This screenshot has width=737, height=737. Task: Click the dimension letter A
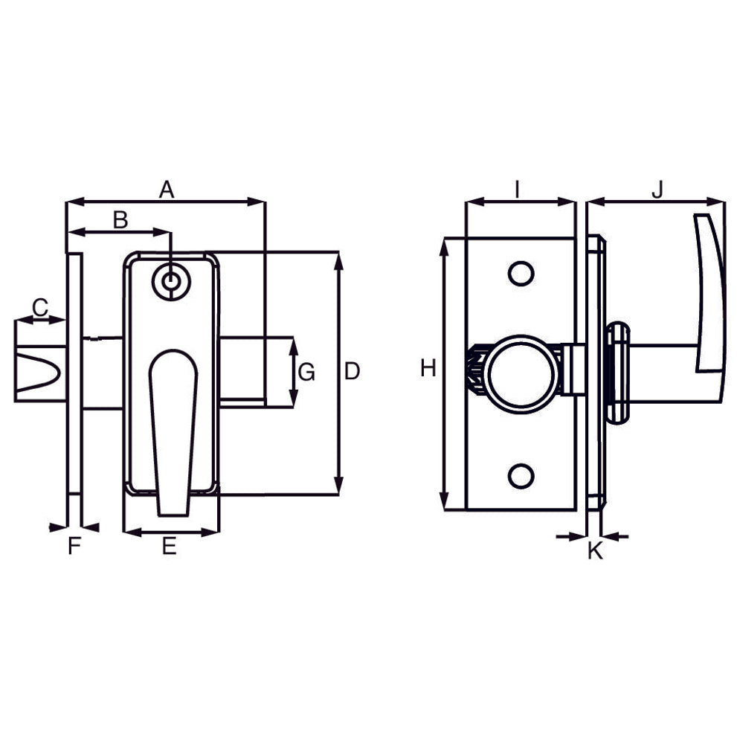[167, 190]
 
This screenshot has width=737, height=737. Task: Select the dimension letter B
[120, 220]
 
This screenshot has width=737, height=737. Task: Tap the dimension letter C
[40, 308]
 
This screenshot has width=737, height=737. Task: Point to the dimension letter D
[352, 371]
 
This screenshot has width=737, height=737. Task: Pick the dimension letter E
[170, 546]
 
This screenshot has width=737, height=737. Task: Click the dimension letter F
[74, 546]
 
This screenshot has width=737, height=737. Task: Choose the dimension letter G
[306, 373]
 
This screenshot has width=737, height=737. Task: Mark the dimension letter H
[428, 368]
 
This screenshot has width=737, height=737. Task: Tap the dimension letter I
[517, 190]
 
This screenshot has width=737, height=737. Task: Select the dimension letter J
[657, 190]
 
